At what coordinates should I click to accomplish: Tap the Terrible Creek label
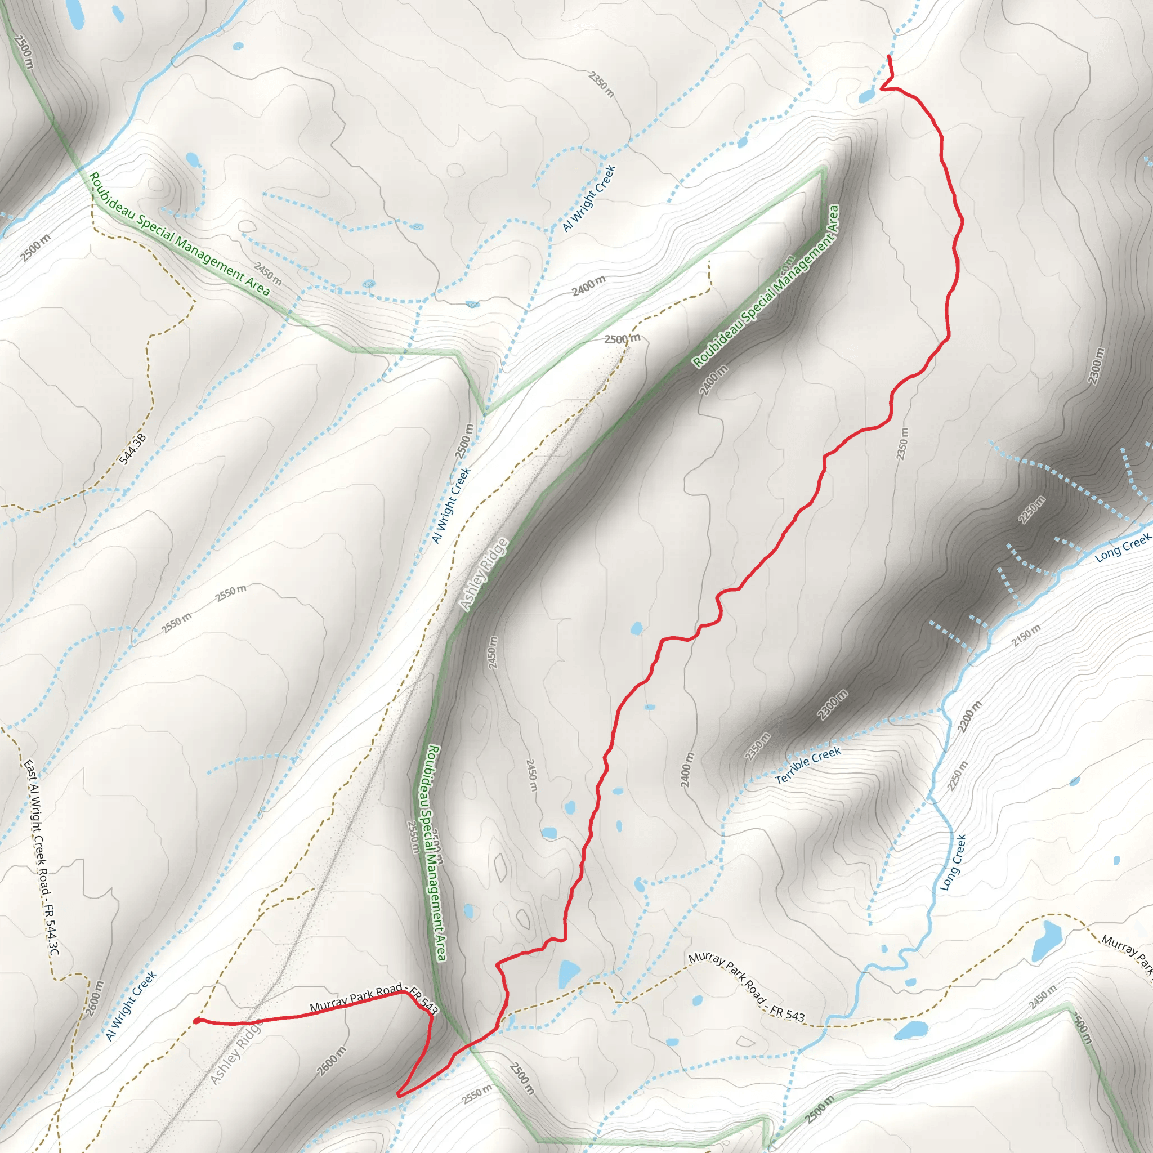pos(808,766)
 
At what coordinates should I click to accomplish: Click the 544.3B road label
pos(132,449)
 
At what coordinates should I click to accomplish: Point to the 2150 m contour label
pos(1026,635)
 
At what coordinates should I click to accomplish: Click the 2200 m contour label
pos(969,717)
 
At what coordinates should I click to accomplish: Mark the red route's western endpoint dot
pos(196,1021)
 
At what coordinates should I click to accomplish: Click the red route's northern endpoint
pos(889,57)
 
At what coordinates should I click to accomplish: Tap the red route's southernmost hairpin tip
pos(399,1095)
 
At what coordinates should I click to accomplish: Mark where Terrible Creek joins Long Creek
pos(942,710)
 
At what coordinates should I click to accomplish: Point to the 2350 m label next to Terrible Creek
pos(757,747)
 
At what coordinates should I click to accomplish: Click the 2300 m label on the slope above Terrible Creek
pos(832,704)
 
